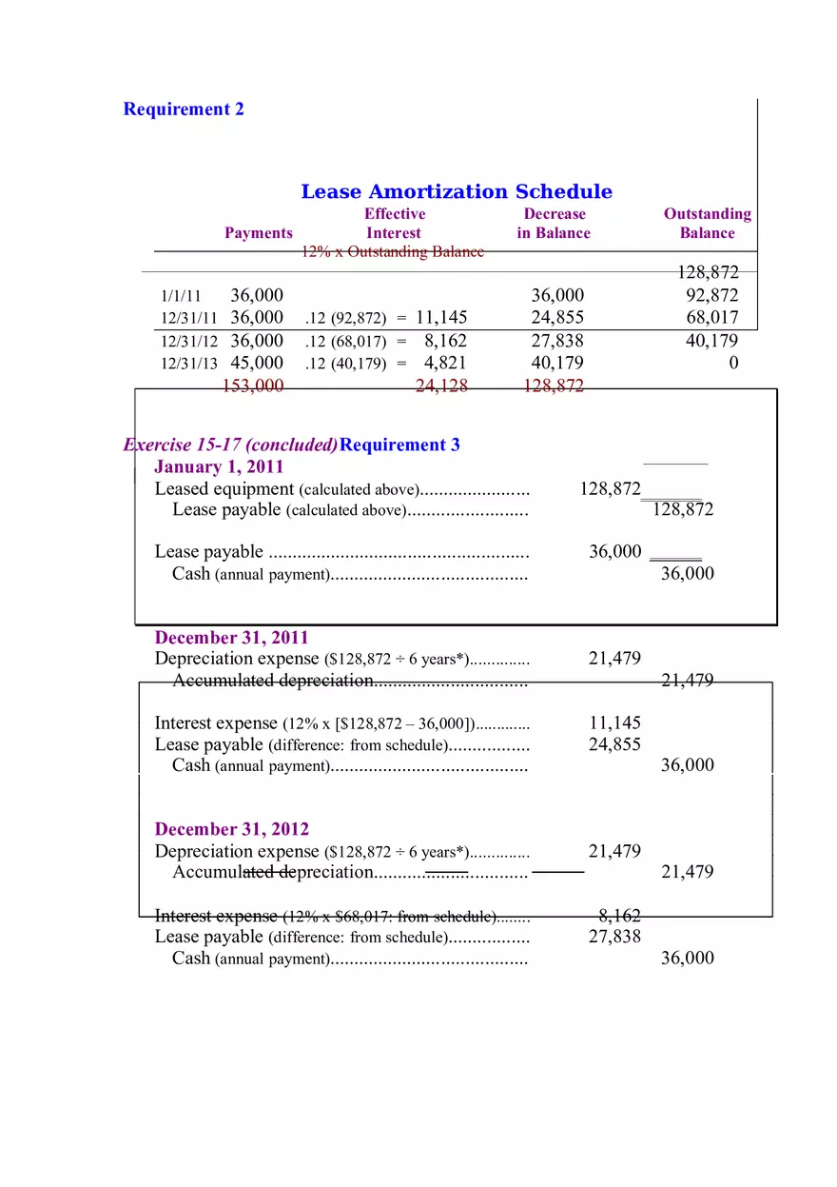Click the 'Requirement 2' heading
coord(184,109)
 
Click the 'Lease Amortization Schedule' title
coord(457,191)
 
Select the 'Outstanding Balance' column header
coord(707,224)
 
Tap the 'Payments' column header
coord(259,233)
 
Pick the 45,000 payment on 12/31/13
coord(257,363)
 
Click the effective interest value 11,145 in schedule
coord(441,317)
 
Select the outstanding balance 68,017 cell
coord(712,317)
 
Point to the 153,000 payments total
coord(252,386)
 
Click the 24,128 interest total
coord(441,386)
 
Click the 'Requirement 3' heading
coord(399,445)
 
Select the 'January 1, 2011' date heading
coord(219,467)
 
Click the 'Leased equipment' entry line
coord(224,489)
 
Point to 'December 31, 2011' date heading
coord(231,638)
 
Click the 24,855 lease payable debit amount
coord(614,744)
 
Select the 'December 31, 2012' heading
coord(231,829)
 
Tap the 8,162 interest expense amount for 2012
coord(619,916)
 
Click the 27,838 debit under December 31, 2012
coord(614,937)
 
